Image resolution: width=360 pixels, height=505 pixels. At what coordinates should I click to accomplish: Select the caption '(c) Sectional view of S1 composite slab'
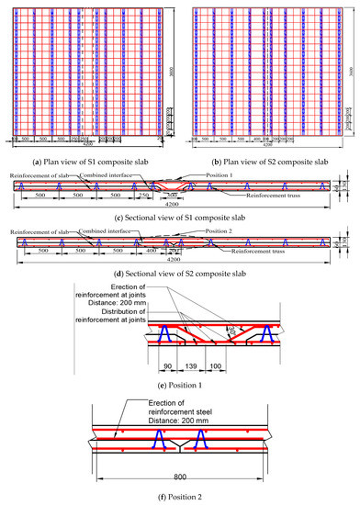tap(180, 242)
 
